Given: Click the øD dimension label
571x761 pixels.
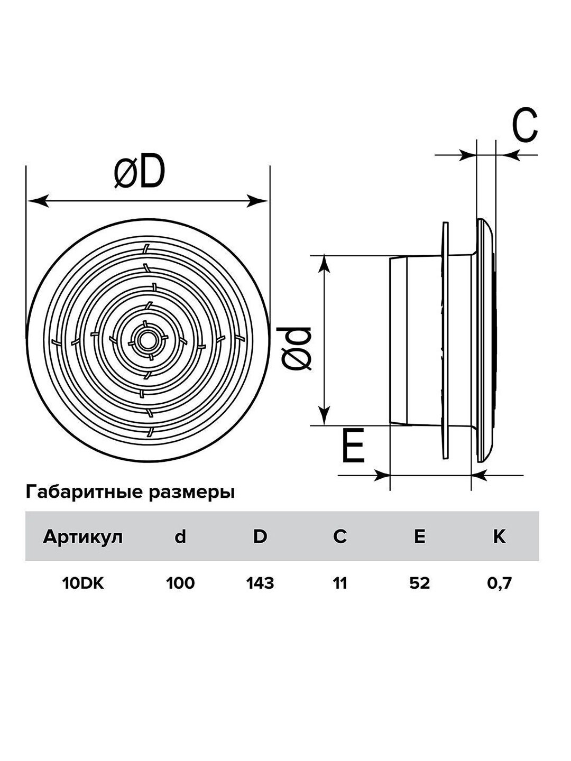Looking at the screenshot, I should (140, 173).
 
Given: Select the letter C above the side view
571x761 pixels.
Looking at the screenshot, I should (524, 125).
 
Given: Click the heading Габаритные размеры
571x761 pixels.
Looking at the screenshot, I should (130, 493).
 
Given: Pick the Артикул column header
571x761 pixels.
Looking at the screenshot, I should (83, 537).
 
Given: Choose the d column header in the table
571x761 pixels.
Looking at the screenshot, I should (181, 537).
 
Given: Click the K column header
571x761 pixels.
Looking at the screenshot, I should (499, 537).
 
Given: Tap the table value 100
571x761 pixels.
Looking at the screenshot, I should (181, 583).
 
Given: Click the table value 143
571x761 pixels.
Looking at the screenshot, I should (260, 583).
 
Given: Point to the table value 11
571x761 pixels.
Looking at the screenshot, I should (340, 583).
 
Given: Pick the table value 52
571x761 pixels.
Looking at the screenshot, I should (420, 583).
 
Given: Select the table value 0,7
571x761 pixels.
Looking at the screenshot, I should (499, 583).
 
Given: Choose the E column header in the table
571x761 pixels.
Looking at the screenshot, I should (420, 537).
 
